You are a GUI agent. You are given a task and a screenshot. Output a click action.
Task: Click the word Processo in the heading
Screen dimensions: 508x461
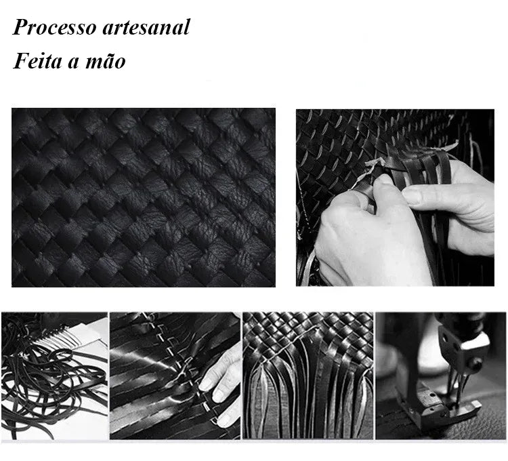click(x=54, y=27)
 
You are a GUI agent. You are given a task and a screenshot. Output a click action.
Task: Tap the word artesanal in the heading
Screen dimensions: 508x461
click(x=146, y=27)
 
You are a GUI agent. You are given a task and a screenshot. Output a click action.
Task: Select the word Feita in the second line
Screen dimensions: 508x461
click(x=37, y=60)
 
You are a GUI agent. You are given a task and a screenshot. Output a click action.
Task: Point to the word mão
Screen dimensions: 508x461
click(x=105, y=61)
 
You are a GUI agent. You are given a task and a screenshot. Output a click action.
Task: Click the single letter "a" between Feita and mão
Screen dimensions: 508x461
click(x=74, y=63)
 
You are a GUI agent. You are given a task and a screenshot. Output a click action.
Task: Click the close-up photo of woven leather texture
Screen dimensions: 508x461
click(x=144, y=197)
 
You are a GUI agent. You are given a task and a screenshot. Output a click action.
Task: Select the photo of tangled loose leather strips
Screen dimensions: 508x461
click(x=54, y=376)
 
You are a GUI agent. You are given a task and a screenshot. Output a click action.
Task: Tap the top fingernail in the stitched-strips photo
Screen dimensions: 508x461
click(x=207, y=384)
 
